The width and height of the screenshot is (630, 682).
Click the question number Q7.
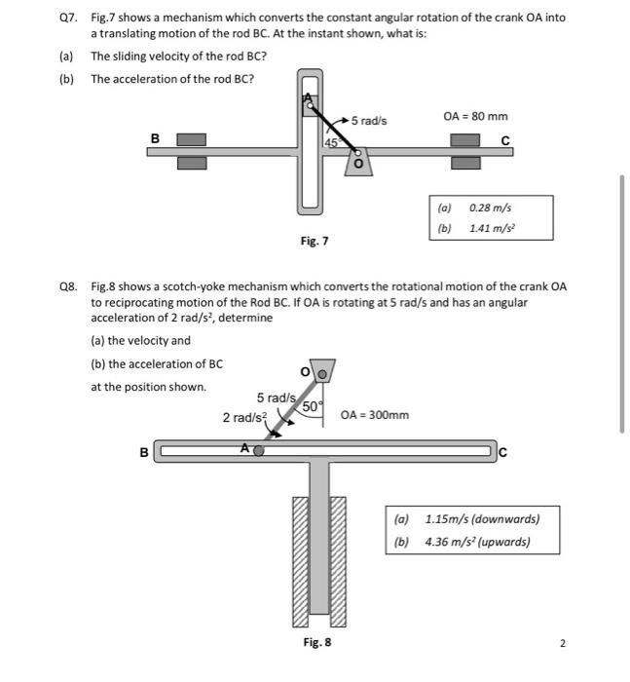[x=68, y=18]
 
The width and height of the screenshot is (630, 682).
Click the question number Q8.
[x=68, y=287]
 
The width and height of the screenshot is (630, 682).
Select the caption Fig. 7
[x=315, y=240]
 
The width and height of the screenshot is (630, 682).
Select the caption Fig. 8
[x=317, y=642]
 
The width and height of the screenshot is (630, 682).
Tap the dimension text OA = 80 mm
[x=475, y=116]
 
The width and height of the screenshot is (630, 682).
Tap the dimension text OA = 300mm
[x=375, y=415]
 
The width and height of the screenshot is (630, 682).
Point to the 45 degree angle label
[x=330, y=142]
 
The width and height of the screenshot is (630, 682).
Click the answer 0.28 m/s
[x=490, y=208]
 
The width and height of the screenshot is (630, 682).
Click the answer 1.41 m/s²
[x=492, y=228]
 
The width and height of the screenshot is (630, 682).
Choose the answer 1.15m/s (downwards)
[x=482, y=518]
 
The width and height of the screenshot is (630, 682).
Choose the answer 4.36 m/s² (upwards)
[x=477, y=541]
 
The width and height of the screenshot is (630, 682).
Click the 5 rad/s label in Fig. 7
[x=369, y=120]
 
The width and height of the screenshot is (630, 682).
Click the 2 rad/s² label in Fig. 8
[x=243, y=417]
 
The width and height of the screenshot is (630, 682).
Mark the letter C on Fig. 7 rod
[x=504, y=140]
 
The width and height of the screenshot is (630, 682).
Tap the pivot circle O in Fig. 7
[x=357, y=153]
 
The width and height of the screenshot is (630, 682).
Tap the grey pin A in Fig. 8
[x=258, y=451]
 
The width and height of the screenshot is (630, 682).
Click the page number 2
[x=563, y=643]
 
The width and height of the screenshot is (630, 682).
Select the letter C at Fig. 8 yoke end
[x=502, y=451]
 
